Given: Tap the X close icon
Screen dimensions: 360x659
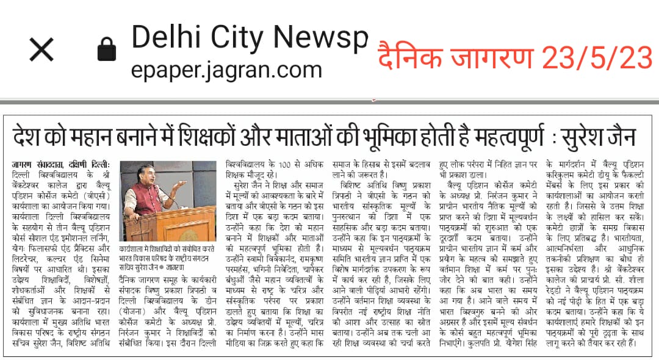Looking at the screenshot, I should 41,50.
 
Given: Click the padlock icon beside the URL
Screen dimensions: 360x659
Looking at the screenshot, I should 106,50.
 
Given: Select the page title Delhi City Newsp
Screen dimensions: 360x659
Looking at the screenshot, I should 250,37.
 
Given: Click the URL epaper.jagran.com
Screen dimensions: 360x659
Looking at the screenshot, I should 226,68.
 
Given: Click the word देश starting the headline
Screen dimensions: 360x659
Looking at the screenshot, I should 32,135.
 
